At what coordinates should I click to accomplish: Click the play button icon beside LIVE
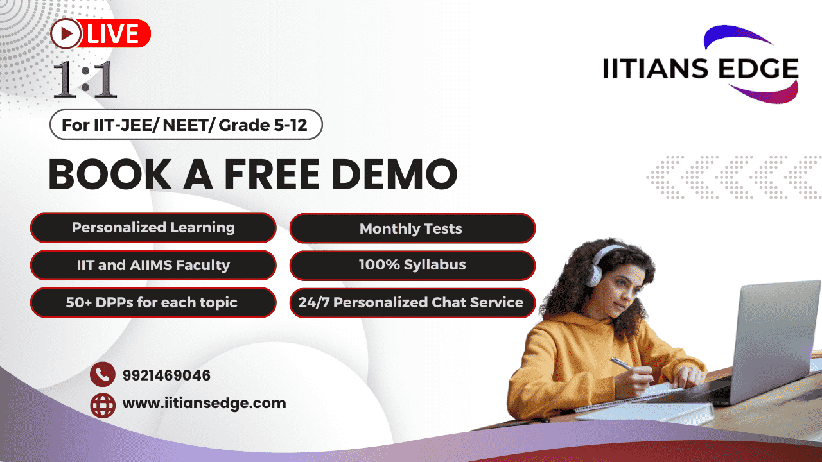pyautogui.click(x=66, y=34)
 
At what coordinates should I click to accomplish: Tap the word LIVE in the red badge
pyautogui.click(x=112, y=34)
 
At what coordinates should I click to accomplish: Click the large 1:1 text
pyautogui.click(x=85, y=80)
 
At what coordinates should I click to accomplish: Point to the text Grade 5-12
pyautogui.click(x=263, y=125)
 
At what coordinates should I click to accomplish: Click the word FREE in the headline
pyautogui.click(x=272, y=174)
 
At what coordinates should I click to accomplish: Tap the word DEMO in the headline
pyautogui.click(x=395, y=174)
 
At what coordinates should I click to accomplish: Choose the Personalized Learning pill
pyautogui.click(x=153, y=228)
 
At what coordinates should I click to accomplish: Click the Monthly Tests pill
pyautogui.click(x=412, y=228)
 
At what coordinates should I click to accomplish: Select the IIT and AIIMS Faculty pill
pyautogui.click(x=153, y=265)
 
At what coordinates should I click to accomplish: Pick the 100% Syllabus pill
pyautogui.click(x=412, y=266)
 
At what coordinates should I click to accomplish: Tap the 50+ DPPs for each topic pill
pyautogui.click(x=153, y=302)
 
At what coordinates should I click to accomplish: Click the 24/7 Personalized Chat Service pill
pyautogui.click(x=412, y=303)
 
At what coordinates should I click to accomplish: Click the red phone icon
pyautogui.click(x=103, y=374)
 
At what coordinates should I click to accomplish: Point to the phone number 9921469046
pyautogui.click(x=166, y=375)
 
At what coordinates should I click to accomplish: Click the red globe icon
pyautogui.click(x=103, y=406)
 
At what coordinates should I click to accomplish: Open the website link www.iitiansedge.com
pyautogui.click(x=204, y=404)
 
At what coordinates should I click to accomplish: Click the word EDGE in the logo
pyautogui.click(x=758, y=69)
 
